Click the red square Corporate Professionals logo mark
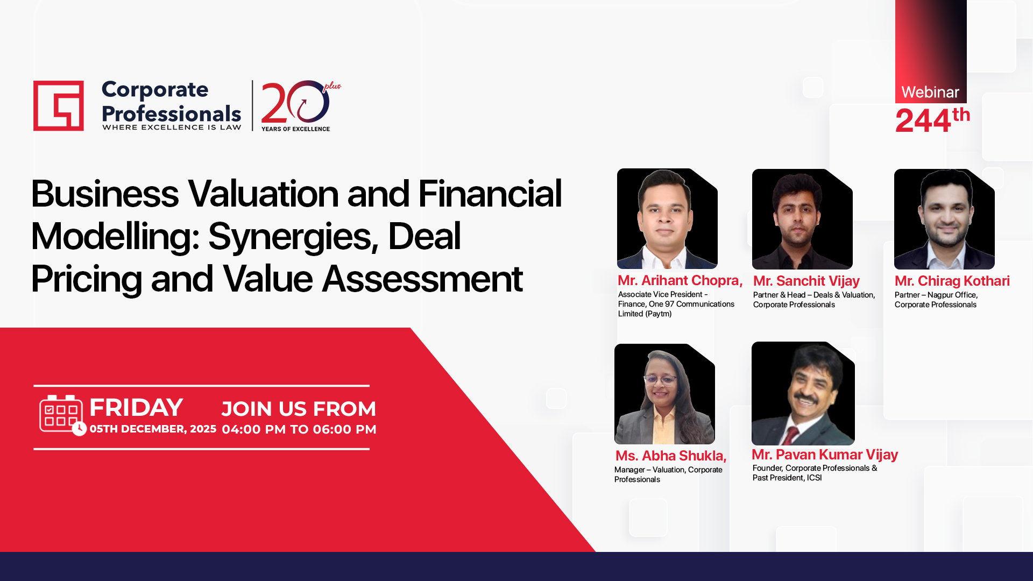59,105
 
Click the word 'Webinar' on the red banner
930,92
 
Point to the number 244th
932,120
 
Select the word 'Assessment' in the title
422,279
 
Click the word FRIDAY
136,407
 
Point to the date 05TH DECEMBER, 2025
153,429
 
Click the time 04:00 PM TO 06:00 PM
299,429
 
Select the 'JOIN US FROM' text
299,409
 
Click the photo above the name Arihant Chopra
667,218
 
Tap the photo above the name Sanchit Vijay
802,219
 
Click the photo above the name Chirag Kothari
944,219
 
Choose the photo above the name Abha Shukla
664,394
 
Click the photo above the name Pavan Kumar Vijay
803,393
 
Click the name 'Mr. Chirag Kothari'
952,281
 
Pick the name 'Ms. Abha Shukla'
671,456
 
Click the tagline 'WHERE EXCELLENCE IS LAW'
172,127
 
